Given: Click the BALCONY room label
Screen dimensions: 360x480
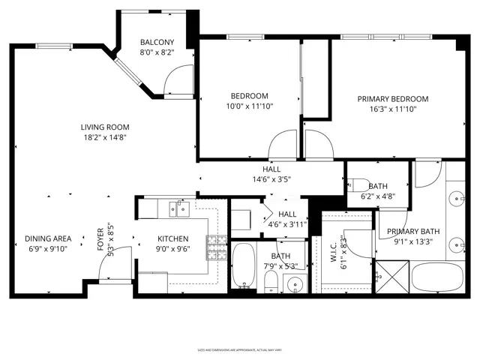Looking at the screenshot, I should [157, 42].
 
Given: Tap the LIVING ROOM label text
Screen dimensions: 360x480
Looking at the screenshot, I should [105, 127].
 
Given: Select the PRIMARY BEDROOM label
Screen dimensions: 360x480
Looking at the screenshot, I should [392, 99].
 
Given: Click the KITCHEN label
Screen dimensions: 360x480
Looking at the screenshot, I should [172, 239].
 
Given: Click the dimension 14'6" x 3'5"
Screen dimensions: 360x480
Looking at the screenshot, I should [271, 179].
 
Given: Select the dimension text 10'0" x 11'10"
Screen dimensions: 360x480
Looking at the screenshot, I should [249, 106].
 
